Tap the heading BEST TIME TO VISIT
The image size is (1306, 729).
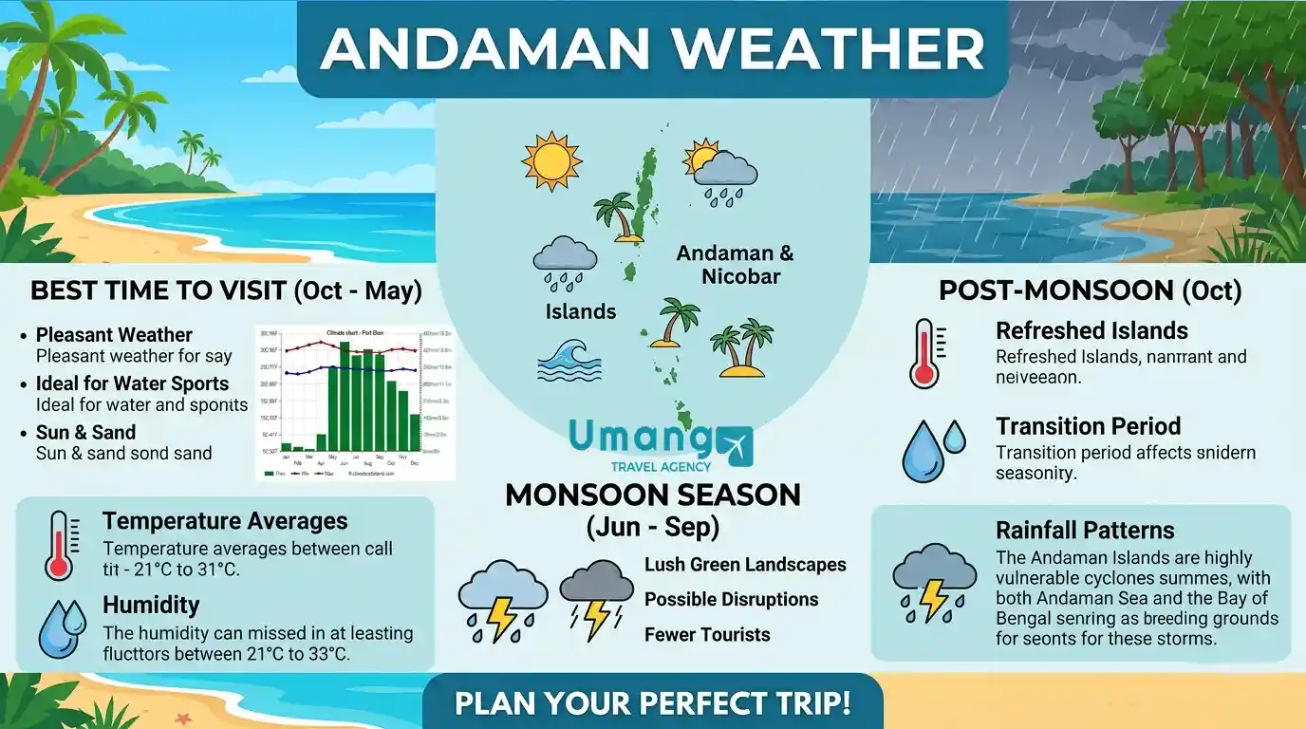point(226,290)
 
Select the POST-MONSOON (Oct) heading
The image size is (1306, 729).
point(1090,290)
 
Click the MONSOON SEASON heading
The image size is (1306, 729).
point(652,495)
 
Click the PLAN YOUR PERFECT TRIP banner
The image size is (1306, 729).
point(652,703)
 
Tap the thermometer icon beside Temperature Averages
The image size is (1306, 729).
point(60,546)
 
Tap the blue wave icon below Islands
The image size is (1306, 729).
point(570,361)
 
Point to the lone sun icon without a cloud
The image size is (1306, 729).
point(550,160)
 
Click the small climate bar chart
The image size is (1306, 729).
point(355,402)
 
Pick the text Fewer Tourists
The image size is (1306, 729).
point(707,634)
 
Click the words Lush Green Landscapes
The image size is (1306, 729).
point(745,565)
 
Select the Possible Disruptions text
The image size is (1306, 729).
point(731,600)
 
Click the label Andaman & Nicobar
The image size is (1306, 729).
point(735,265)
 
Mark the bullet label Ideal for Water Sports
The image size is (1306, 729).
point(132,383)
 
